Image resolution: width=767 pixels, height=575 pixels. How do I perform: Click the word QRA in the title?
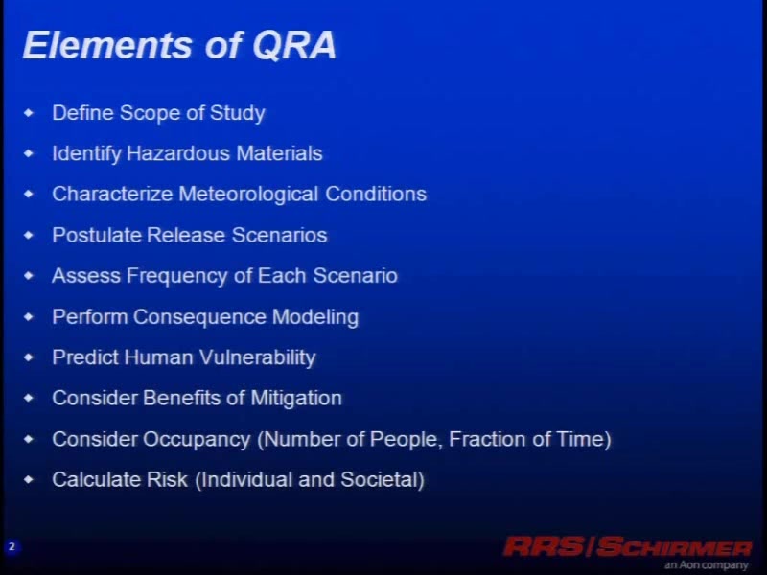pos(294,46)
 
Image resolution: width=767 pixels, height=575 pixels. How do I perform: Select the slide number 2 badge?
pos(12,546)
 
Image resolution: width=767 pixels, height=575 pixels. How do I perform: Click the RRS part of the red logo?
pos(545,546)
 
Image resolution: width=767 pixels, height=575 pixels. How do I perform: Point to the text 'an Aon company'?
pos(706,564)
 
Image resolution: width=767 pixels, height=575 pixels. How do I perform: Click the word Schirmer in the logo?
pos(674,546)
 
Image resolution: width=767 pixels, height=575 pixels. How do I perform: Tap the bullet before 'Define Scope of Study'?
pos(29,113)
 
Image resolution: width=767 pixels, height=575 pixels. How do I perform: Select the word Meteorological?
pos(248,195)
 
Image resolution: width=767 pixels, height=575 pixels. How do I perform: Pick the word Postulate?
pos(97,235)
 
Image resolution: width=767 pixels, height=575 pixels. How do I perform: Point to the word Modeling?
pos(315,317)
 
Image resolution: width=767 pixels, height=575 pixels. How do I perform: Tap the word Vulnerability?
pos(257,357)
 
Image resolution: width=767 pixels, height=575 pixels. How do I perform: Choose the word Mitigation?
pos(296,399)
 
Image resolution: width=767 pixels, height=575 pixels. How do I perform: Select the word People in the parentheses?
pos(406,440)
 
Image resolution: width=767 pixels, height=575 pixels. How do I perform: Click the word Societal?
pos(382,480)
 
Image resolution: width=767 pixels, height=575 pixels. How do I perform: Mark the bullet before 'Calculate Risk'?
pos(29,480)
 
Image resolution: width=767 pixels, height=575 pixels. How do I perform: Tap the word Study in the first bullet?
pos(237,113)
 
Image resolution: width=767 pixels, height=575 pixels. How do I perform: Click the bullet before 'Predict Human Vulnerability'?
pos(29,357)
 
